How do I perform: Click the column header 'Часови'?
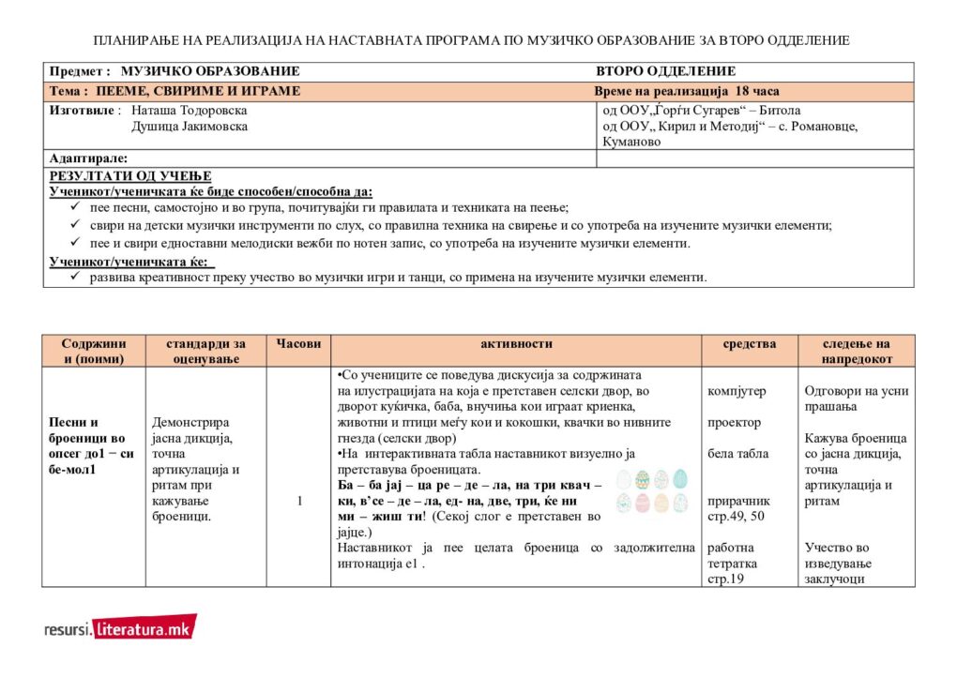coord(298,344)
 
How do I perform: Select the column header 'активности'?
coord(516,344)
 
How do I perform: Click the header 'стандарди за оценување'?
coord(205,351)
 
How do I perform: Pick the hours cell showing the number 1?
coord(299,501)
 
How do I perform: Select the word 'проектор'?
coord(733,422)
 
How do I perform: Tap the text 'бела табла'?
coord(737,454)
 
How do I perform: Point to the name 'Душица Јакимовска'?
coord(190,127)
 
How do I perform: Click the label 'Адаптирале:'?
coord(88,158)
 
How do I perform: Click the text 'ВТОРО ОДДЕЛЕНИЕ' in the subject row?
coord(665,71)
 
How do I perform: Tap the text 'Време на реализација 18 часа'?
coord(686,92)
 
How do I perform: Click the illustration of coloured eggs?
coord(652,491)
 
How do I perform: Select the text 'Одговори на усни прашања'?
coord(857,399)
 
